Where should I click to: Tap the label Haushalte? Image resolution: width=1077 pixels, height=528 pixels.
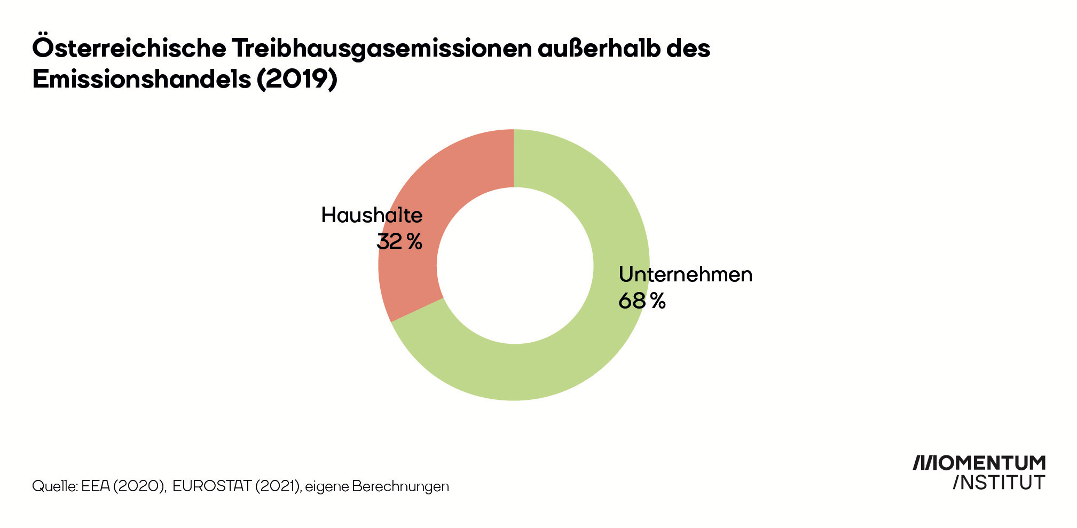(372, 215)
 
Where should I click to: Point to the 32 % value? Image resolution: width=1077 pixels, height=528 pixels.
(399, 241)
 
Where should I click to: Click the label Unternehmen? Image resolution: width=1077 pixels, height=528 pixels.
(685, 274)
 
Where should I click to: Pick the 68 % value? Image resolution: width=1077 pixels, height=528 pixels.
(642, 301)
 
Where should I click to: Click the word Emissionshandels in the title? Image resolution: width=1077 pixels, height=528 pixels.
(141, 79)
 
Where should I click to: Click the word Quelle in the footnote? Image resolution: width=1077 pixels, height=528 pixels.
(55, 486)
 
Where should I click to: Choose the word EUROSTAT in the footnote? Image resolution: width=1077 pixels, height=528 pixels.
(211, 486)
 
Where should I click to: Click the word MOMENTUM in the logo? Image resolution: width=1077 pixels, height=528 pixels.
(992, 463)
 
